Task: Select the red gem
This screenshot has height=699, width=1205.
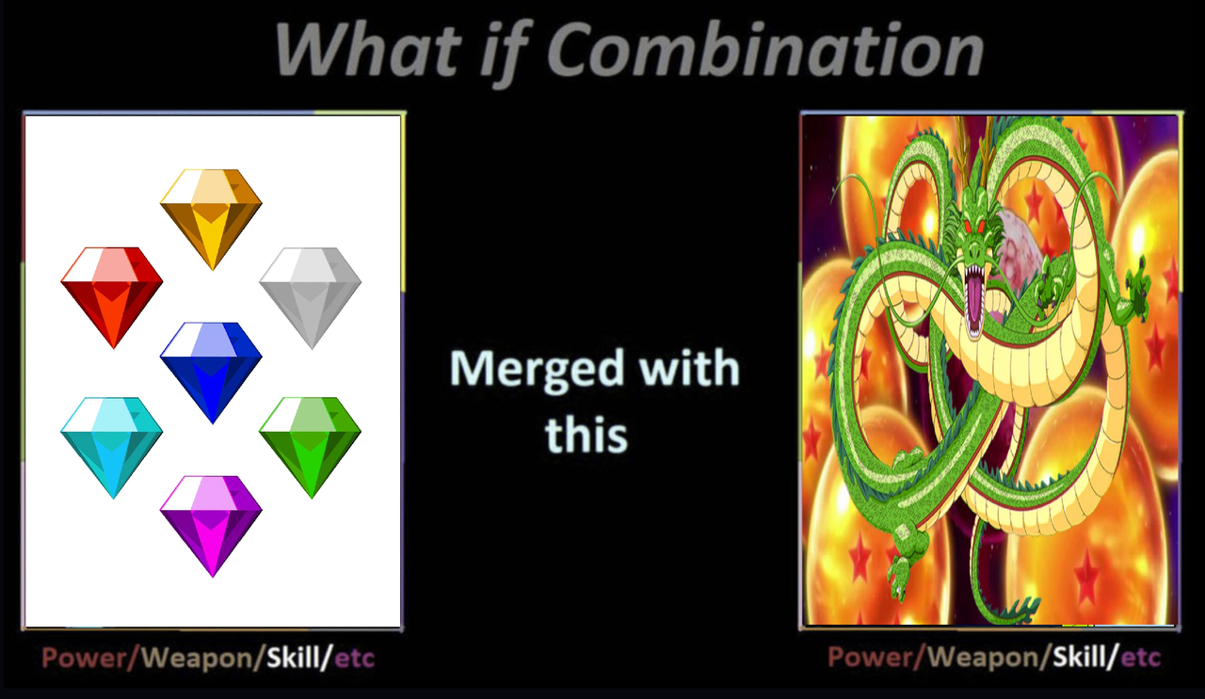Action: point(112,297)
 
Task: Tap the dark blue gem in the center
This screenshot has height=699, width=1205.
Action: point(211,373)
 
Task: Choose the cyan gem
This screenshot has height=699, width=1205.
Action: point(112,448)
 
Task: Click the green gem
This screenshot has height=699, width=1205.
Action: point(311,448)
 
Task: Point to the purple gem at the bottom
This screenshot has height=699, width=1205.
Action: point(211,526)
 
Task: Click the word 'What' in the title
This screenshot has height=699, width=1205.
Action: point(368,50)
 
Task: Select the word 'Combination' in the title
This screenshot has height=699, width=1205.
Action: point(766,50)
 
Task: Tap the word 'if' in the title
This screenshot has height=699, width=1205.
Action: point(505,53)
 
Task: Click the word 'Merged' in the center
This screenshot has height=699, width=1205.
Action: point(537,371)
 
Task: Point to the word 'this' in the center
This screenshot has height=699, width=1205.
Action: point(586,435)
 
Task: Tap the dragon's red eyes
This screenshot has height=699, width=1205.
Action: point(974,227)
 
